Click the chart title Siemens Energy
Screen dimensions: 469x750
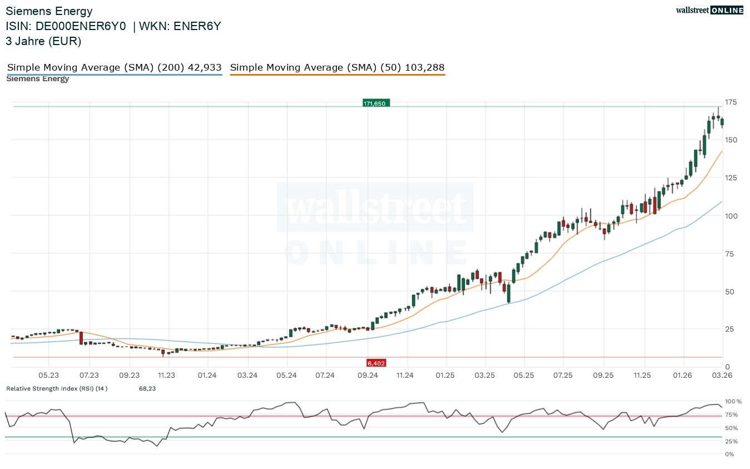pyautogui.click(x=49, y=11)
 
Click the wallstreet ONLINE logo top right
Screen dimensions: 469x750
pyautogui.click(x=709, y=10)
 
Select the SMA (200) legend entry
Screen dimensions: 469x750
pyautogui.click(x=114, y=68)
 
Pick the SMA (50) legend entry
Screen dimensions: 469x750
pyautogui.click(x=337, y=68)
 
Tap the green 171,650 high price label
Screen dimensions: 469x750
pyautogui.click(x=376, y=103)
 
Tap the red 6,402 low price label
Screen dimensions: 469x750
pyautogui.click(x=376, y=363)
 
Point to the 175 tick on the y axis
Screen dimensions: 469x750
pyautogui.click(x=731, y=102)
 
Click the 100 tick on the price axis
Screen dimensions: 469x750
pyautogui.click(x=731, y=216)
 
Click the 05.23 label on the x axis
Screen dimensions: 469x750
pyautogui.click(x=49, y=376)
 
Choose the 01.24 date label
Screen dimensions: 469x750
pyautogui.click(x=207, y=376)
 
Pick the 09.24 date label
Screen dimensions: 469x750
pyautogui.click(x=367, y=376)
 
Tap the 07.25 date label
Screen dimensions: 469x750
pyautogui.click(x=563, y=376)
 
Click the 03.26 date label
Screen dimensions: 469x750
pyautogui.click(x=722, y=376)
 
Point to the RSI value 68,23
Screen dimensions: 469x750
pyautogui.click(x=147, y=388)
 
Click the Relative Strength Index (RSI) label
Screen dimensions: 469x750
pyautogui.click(x=57, y=388)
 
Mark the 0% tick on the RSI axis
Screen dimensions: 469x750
pyautogui.click(x=730, y=455)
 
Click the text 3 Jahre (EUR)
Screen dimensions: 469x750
pyautogui.click(x=43, y=41)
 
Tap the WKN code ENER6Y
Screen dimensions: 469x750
pyautogui.click(x=197, y=26)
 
